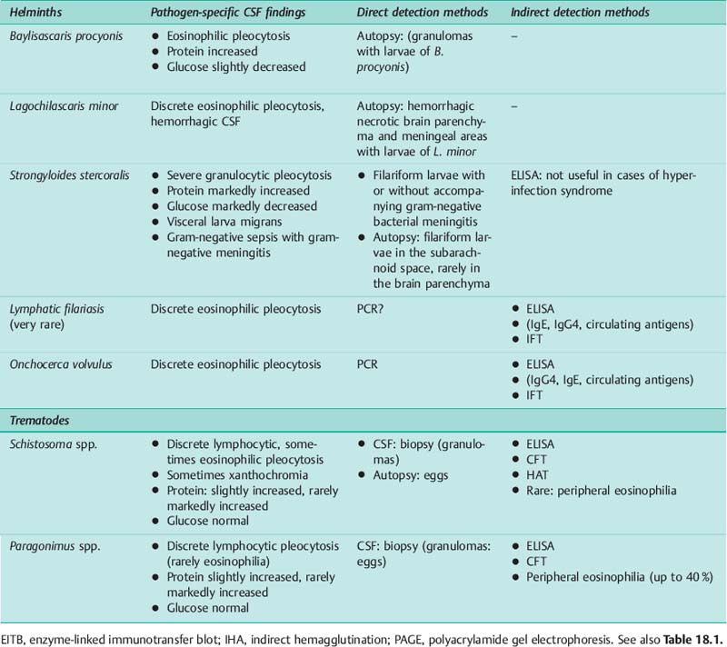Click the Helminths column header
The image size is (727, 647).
click(35, 13)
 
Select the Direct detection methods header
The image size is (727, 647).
click(422, 13)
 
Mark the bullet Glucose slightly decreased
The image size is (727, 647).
click(236, 66)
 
